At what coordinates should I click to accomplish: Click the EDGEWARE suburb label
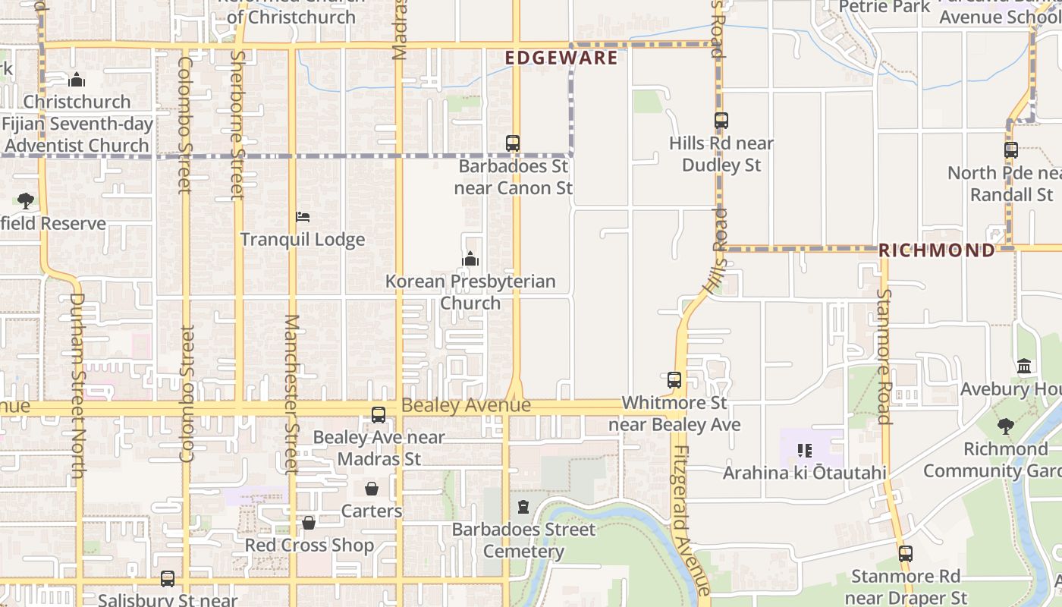point(561,58)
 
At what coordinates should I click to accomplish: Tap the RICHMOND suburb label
point(936,250)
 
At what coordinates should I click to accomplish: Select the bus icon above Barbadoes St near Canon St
point(513,143)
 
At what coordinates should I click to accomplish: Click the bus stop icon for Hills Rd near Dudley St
point(721,120)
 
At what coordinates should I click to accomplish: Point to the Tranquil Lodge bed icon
point(302,217)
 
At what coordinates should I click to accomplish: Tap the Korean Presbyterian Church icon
point(470,259)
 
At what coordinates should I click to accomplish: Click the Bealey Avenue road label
point(466,406)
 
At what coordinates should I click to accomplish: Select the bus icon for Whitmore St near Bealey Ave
point(674,380)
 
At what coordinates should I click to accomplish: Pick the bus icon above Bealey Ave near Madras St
point(378,415)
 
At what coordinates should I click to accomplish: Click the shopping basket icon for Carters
point(372,489)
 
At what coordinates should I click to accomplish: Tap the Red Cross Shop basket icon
point(309,523)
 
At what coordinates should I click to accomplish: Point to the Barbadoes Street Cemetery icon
point(523,506)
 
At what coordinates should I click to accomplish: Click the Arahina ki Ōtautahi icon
point(805,451)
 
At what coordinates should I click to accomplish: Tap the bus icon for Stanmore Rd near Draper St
point(905,553)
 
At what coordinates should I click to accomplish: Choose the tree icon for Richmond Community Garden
point(1006,426)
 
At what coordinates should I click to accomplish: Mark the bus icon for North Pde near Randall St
point(1010,150)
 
